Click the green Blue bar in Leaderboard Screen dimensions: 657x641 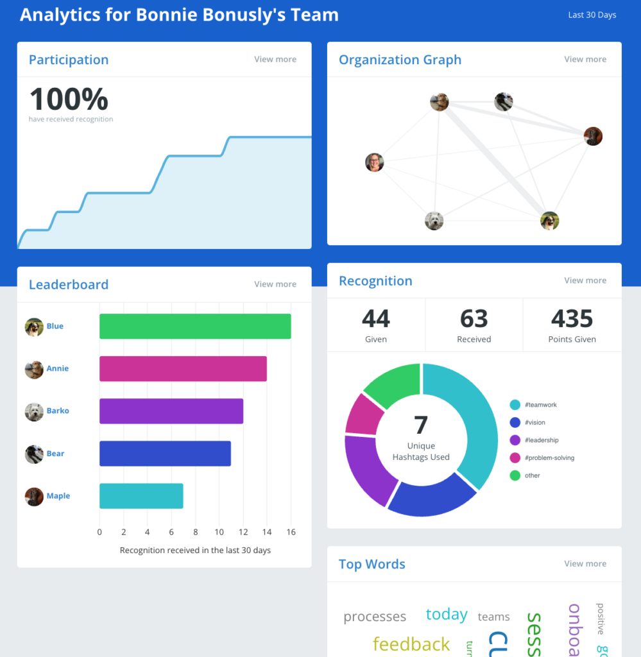(x=195, y=326)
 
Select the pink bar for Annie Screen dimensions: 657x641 (x=183, y=368)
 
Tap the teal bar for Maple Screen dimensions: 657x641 (x=141, y=496)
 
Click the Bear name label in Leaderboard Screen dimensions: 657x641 (x=55, y=454)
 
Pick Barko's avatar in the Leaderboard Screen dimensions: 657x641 (x=34, y=411)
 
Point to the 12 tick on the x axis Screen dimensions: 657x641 (x=243, y=532)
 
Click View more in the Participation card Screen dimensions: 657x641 (x=275, y=59)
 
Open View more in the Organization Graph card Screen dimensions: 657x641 (x=585, y=59)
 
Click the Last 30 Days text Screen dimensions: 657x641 (x=592, y=15)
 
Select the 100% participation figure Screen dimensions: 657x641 (x=69, y=99)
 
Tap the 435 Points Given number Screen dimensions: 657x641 (x=572, y=319)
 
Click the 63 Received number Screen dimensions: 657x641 (x=474, y=319)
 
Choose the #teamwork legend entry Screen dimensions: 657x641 (x=540, y=405)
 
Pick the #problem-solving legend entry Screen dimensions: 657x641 (x=549, y=457)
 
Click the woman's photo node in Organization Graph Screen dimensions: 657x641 (x=374, y=162)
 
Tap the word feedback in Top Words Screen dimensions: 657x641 (x=411, y=644)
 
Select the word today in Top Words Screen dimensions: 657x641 (x=447, y=614)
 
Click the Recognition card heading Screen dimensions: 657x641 (x=375, y=280)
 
